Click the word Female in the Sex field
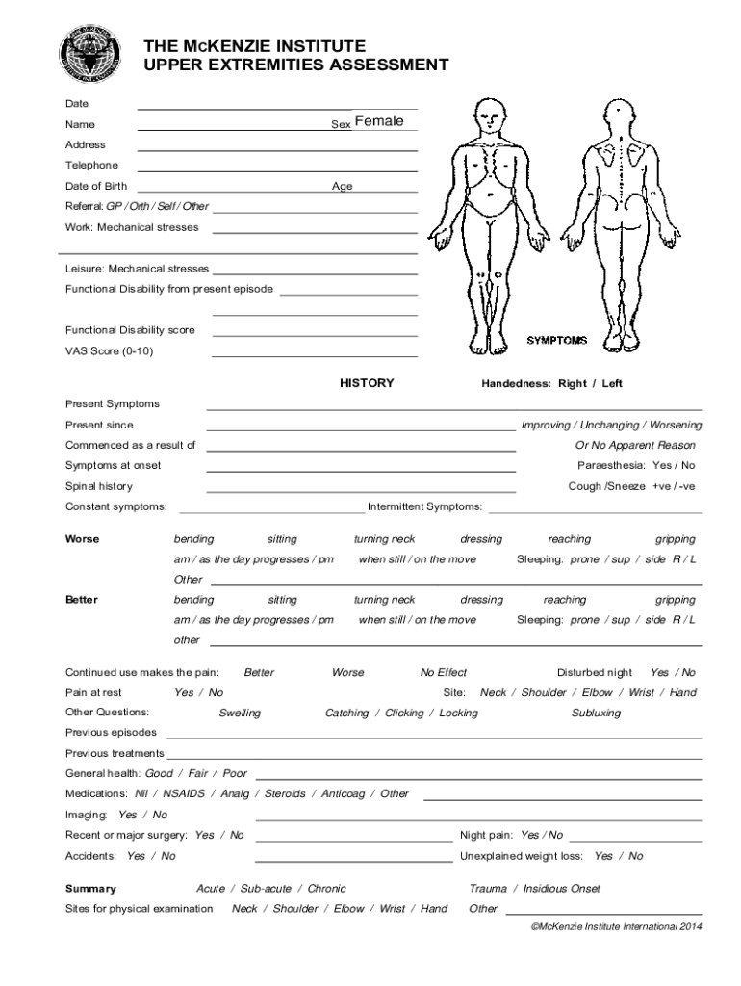pyautogui.click(x=378, y=121)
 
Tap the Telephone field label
pyautogui.click(x=91, y=166)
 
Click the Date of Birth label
pyautogui.click(x=96, y=186)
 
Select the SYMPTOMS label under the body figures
pyautogui.click(x=556, y=341)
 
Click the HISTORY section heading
pyautogui.click(x=367, y=383)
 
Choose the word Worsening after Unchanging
pyautogui.click(x=675, y=425)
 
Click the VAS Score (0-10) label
pyautogui.click(x=109, y=350)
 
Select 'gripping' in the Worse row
pyautogui.click(x=676, y=539)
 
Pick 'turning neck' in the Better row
pyautogui.click(x=384, y=600)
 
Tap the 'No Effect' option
pyautogui.click(x=444, y=673)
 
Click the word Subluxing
pyautogui.click(x=596, y=714)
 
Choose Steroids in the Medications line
pyautogui.click(x=285, y=794)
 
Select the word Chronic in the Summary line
pyautogui.click(x=327, y=889)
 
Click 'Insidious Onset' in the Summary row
pyautogui.click(x=562, y=889)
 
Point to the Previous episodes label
pyautogui.click(x=111, y=733)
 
